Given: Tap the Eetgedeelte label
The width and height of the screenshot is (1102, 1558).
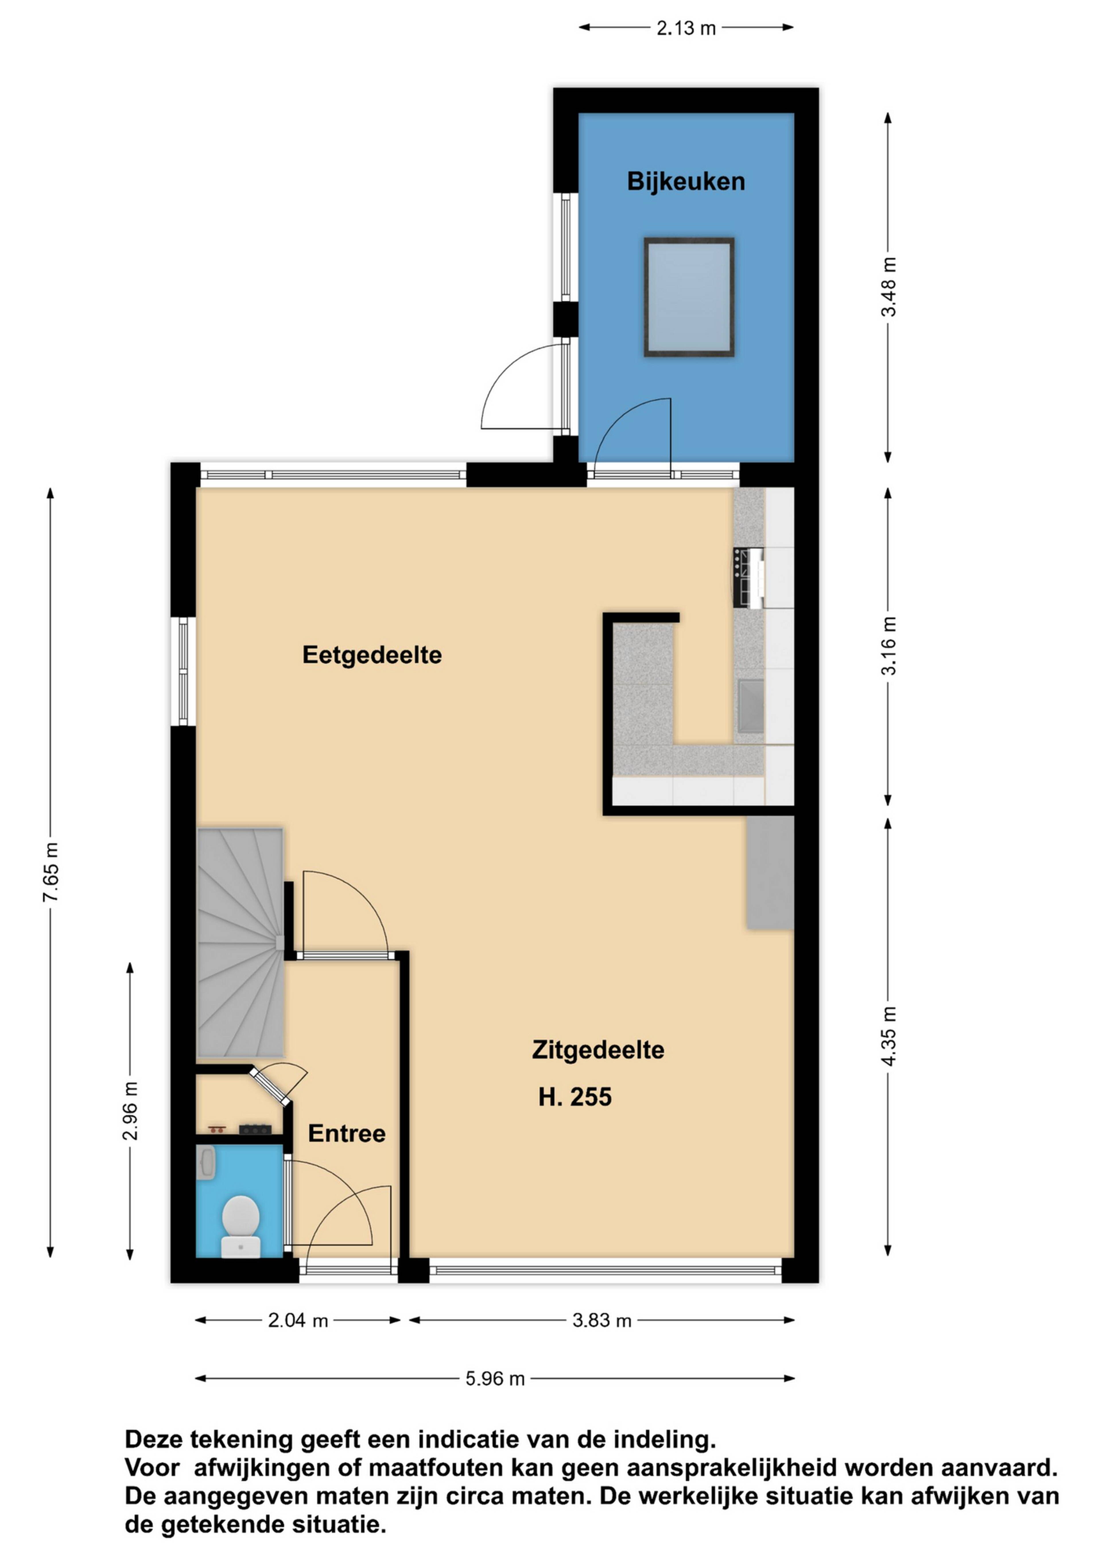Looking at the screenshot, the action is (x=372, y=655).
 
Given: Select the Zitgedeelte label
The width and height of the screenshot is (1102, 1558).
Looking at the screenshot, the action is (x=598, y=1050).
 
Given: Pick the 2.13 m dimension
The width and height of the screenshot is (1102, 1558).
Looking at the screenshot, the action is (x=686, y=28).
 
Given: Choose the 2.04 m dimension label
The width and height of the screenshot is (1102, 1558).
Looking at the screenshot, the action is (x=298, y=1320).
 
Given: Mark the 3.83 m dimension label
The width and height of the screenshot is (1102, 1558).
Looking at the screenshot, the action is (x=602, y=1320).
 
